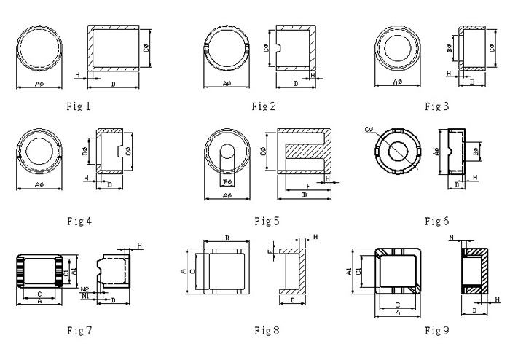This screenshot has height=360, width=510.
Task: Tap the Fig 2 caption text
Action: pos(264,107)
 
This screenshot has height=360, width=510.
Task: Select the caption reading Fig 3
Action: pos(436,106)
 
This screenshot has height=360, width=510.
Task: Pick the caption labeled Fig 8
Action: pos(267,331)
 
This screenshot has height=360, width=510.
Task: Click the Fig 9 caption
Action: pos(437,330)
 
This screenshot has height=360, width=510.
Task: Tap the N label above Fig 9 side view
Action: pos(452,238)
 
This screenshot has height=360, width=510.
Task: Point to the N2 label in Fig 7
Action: pos(85,289)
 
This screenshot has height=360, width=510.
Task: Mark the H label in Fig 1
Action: pos(76,75)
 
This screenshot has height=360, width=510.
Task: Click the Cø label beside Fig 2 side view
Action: pos(267,49)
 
